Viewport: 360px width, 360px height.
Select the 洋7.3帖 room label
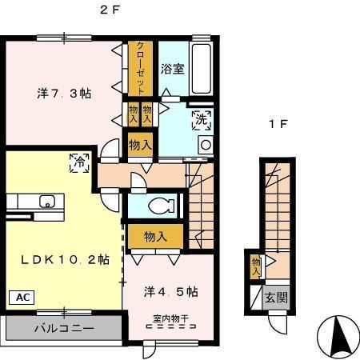pos(63,94)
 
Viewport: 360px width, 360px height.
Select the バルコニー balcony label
pos(64,329)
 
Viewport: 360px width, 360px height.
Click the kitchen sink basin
pos(46,202)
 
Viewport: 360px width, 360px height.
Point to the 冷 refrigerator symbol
pos(78,161)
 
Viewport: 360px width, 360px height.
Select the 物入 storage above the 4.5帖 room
pos(155,237)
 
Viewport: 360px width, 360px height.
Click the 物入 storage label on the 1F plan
pos(256,266)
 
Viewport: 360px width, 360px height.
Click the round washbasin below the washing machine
pos(204,145)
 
